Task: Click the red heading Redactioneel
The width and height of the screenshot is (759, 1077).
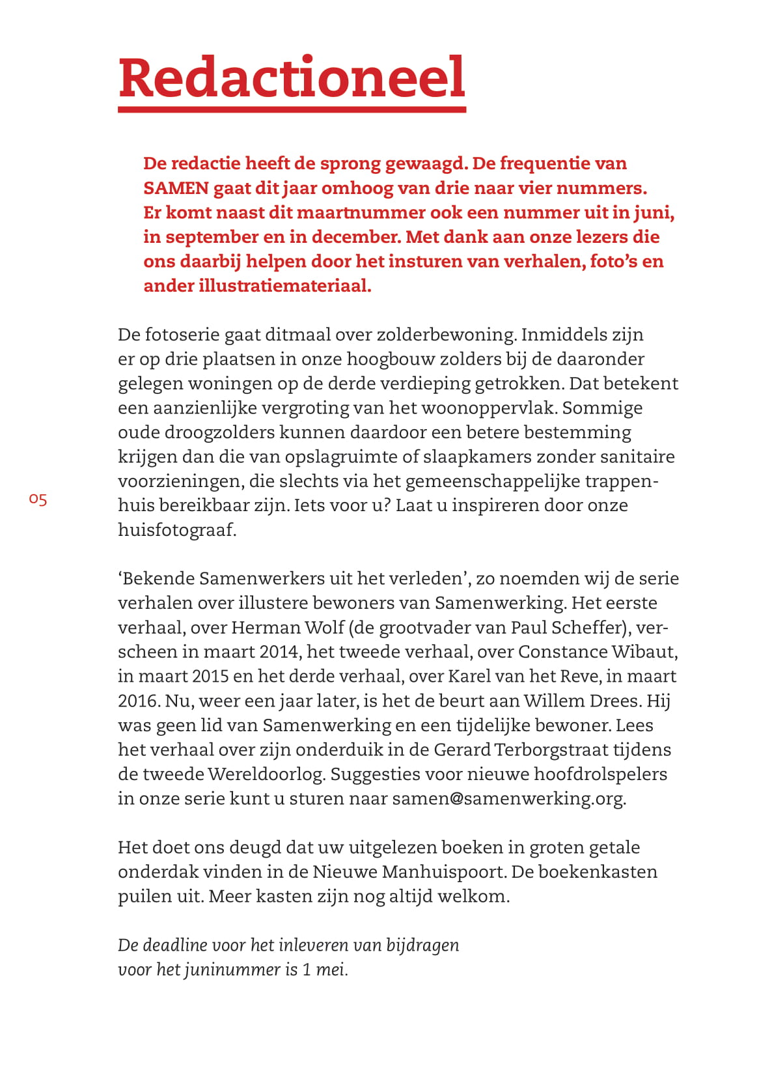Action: pos(292,78)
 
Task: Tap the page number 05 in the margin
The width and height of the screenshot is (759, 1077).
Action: pos(38,500)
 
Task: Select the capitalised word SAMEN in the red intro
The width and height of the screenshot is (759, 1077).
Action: pos(176,188)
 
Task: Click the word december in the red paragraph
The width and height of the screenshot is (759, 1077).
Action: pos(354,237)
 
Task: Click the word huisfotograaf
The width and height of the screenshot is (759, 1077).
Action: pos(176,530)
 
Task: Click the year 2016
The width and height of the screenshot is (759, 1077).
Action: pos(138,701)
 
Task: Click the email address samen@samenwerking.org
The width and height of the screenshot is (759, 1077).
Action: pos(508,799)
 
